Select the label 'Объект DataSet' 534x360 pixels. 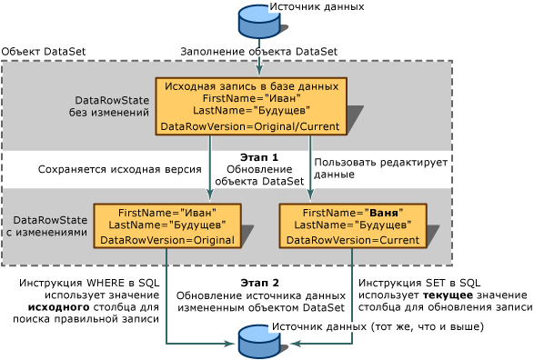pos(44,52)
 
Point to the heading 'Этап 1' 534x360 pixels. pos(258,156)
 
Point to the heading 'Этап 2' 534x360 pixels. pos(259,283)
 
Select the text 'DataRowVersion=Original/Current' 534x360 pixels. pos(251,125)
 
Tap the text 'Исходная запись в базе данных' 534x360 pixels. pos(251,85)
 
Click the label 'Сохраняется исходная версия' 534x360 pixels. pos(107,169)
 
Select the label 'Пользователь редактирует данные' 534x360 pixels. pos(380,168)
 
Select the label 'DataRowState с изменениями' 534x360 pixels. pos(50,226)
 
